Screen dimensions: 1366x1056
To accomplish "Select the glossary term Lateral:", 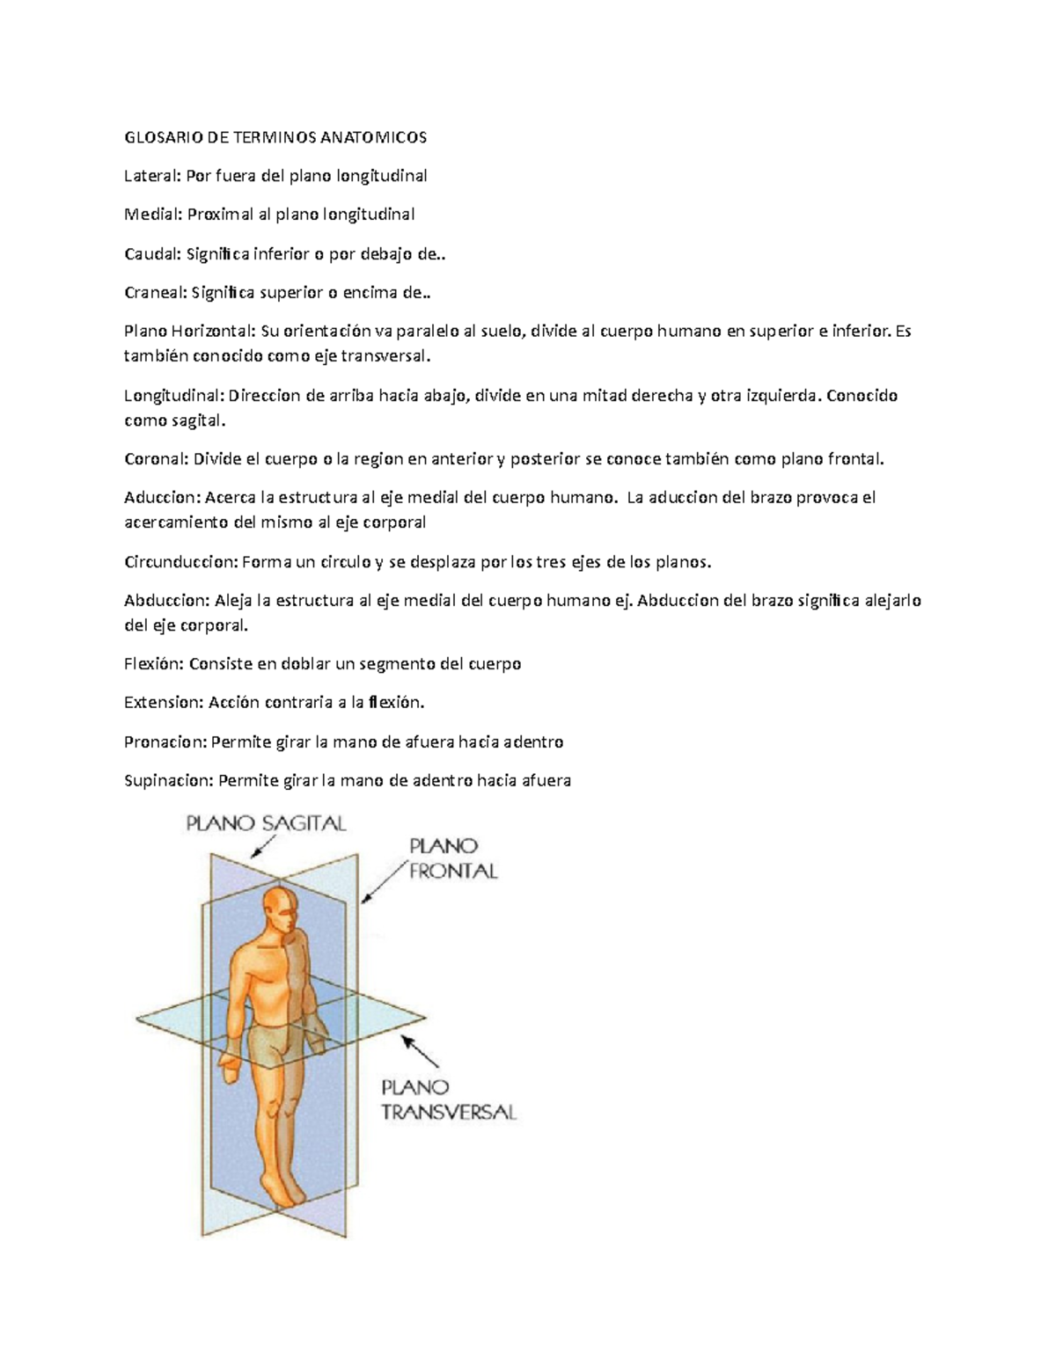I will (152, 176).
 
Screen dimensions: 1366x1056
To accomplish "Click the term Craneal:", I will (156, 293).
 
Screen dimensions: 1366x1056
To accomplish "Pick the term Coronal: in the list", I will (156, 458).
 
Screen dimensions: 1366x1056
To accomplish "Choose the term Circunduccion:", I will (180, 561).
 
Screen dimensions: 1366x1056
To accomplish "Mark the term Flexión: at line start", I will (154, 664).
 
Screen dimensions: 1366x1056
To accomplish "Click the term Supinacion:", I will (168, 780).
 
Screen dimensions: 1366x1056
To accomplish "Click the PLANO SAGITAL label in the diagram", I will (266, 824).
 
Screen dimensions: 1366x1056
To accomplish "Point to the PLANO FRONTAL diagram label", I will (453, 858).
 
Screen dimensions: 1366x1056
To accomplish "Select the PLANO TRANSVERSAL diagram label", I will (448, 1099).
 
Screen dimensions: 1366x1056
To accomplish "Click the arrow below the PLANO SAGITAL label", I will (262, 846).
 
